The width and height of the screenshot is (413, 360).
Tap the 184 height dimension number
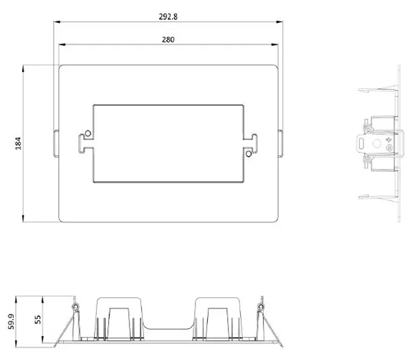coord(19,143)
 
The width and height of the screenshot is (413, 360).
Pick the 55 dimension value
coord(39,319)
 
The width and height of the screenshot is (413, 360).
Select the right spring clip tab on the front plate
coord(281,143)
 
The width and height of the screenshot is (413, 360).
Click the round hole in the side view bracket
coord(376,145)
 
